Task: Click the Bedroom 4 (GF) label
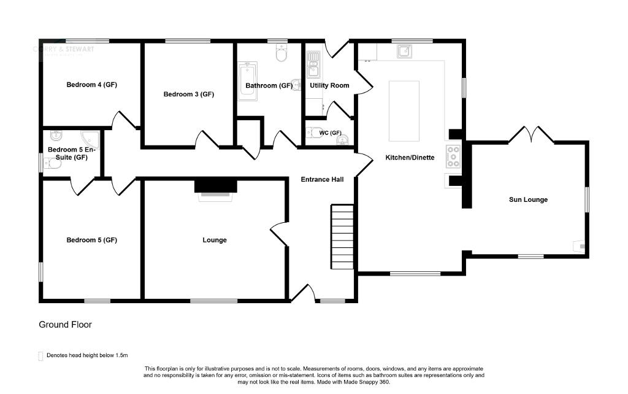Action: [x=91, y=85]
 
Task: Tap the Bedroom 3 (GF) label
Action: [x=188, y=95]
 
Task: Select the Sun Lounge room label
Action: [x=527, y=199]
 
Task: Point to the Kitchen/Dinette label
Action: [x=409, y=158]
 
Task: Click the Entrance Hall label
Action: [x=321, y=180]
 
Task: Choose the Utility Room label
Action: [x=329, y=85]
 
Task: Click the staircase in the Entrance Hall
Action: [x=343, y=235]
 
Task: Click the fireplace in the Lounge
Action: [x=215, y=187]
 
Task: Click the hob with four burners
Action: [x=453, y=156]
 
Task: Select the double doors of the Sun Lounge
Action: [x=531, y=134]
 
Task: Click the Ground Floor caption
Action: [x=65, y=325]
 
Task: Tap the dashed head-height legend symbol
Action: [x=41, y=355]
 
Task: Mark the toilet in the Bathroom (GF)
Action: [x=281, y=55]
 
